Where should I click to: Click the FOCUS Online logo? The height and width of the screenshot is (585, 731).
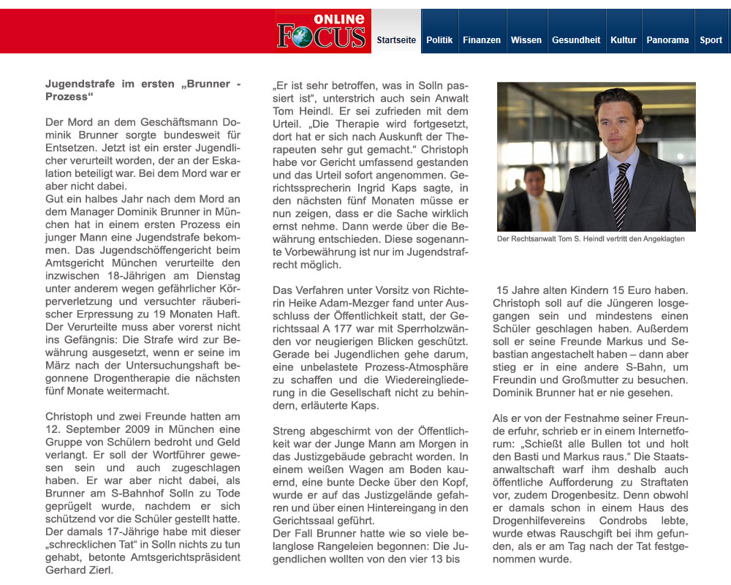click(322, 31)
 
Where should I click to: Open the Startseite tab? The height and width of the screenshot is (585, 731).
click(396, 40)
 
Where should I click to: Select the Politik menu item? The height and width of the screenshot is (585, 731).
click(439, 40)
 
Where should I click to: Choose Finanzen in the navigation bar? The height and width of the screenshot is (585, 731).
click(482, 40)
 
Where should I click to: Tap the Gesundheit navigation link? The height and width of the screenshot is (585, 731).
click(576, 40)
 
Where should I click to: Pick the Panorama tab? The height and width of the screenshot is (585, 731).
click(667, 40)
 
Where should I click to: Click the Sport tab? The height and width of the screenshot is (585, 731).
click(711, 40)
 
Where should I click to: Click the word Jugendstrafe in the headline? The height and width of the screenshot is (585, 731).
click(80, 84)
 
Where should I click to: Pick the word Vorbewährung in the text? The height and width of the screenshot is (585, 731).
click(308, 252)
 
